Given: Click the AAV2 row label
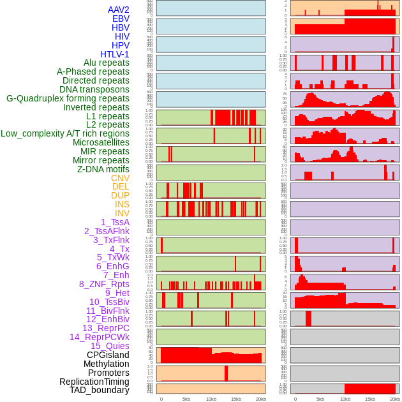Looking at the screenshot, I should click(x=119, y=10).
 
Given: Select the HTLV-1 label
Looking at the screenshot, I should click(x=114, y=54).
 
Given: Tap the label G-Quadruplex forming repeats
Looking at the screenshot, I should click(x=68, y=98).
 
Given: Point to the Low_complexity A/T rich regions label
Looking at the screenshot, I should click(x=65, y=133).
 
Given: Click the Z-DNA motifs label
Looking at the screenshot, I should click(x=103, y=169).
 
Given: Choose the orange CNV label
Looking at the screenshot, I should click(x=120, y=178).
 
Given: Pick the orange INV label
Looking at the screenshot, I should click(x=122, y=213).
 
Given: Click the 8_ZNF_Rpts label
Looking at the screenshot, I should click(x=104, y=284).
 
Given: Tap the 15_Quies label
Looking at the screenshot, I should click(x=109, y=346).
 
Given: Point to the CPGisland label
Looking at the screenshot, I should click(x=108, y=355).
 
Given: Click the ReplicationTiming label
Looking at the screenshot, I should click(x=94, y=382).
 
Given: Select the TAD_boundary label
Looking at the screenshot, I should click(x=99, y=390).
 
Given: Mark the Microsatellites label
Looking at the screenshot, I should click(x=101, y=142).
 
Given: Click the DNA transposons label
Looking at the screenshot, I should click(x=94, y=89).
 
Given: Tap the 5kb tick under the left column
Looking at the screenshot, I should click(x=186, y=399).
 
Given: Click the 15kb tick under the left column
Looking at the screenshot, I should click(x=235, y=399).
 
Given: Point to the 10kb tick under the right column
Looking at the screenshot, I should click(x=345, y=399).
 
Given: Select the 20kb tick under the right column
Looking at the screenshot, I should click(x=395, y=399).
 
